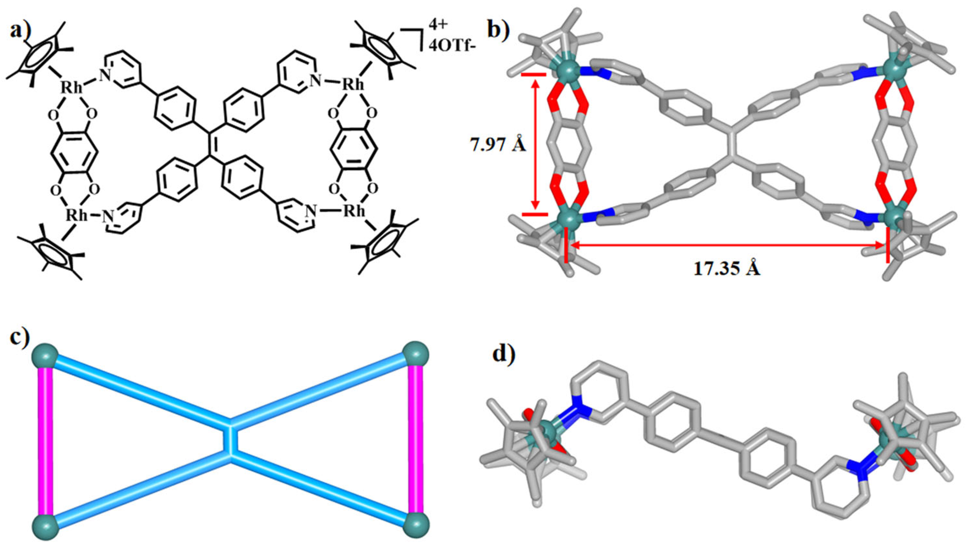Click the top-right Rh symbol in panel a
(353, 85)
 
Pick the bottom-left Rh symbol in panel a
(77, 215)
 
